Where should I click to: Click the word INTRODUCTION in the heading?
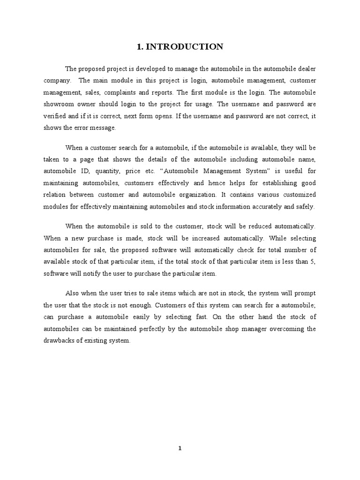pyautogui.click(x=185, y=46)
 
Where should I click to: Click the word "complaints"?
pyautogui.click(x=126, y=92)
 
